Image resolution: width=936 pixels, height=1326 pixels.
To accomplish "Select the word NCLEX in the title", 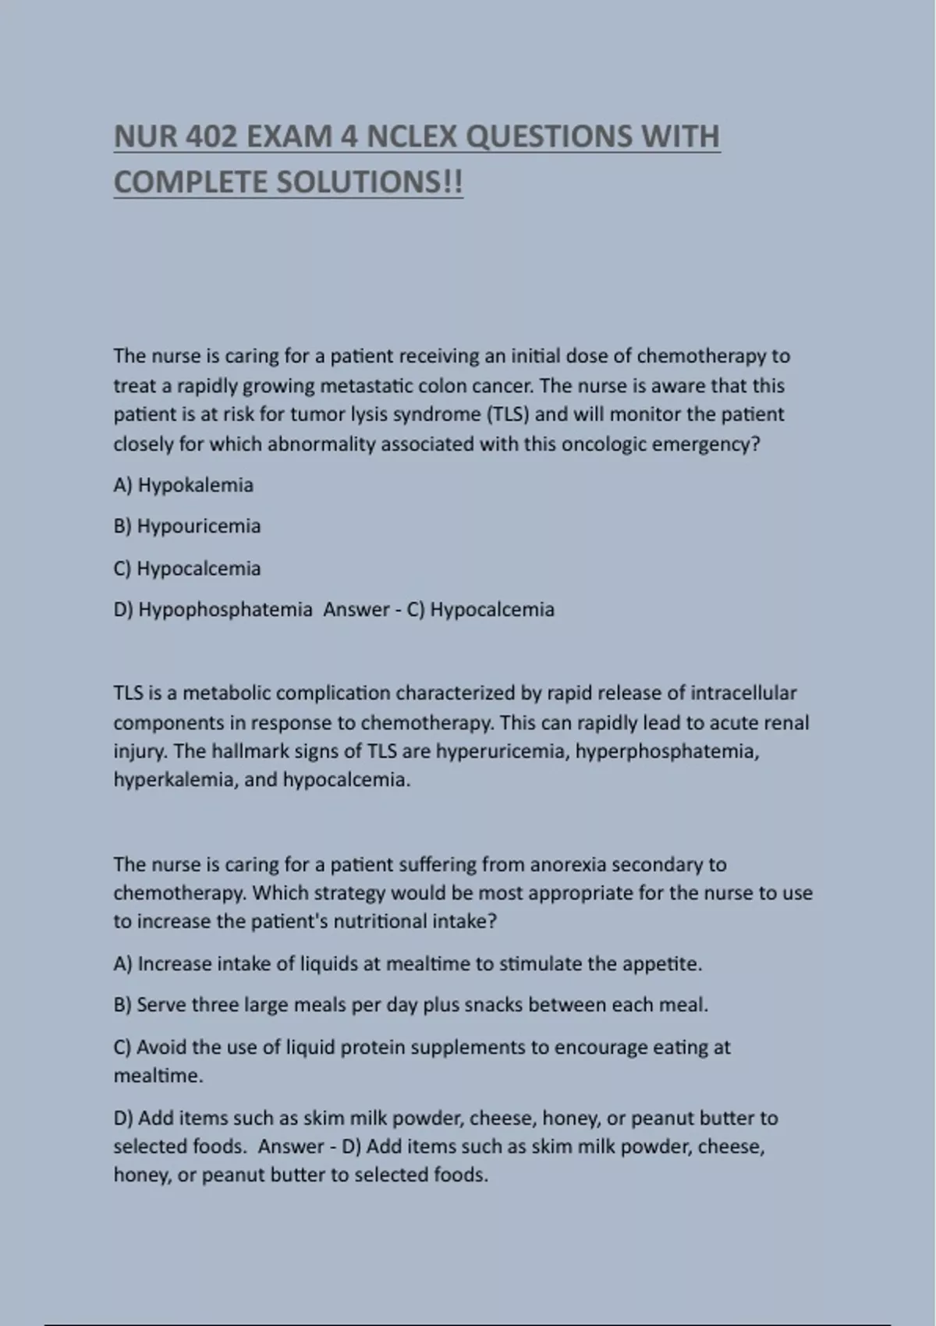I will [x=411, y=136].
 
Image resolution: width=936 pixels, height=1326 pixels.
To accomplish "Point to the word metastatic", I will [x=367, y=386].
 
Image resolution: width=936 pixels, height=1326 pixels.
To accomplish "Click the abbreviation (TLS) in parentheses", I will [x=508, y=414].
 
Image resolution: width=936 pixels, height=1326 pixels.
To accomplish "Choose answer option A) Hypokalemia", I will [x=183, y=485].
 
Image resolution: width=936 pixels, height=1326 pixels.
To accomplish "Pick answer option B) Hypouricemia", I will [x=187, y=526].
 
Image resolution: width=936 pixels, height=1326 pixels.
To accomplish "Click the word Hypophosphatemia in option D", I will [x=225, y=609].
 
